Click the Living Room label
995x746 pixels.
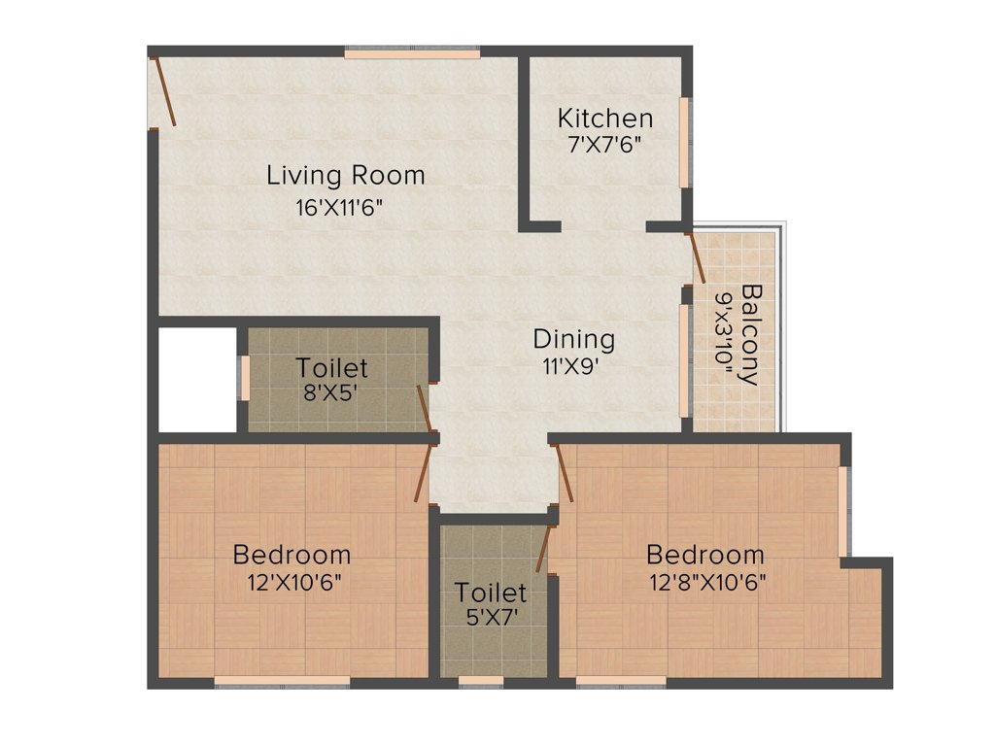(346, 176)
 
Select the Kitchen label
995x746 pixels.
(604, 119)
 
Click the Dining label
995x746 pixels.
(573, 340)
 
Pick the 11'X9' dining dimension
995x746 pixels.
(573, 366)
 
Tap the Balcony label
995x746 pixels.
(751, 334)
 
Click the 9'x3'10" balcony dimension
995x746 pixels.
(725, 334)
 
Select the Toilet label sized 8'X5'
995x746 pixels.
(332, 368)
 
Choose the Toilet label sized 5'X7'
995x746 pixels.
(491, 592)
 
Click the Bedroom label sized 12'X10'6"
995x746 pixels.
(292, 555)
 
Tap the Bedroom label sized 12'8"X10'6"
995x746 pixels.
(705, 555)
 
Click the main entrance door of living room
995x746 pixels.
(162, 91)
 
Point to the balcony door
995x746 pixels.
(696, 257)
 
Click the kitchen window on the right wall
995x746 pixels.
(684, 142)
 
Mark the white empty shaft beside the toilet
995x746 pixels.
(197, 379)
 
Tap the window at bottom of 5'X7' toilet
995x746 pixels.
(480, 682)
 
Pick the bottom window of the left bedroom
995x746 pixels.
(282, 682)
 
